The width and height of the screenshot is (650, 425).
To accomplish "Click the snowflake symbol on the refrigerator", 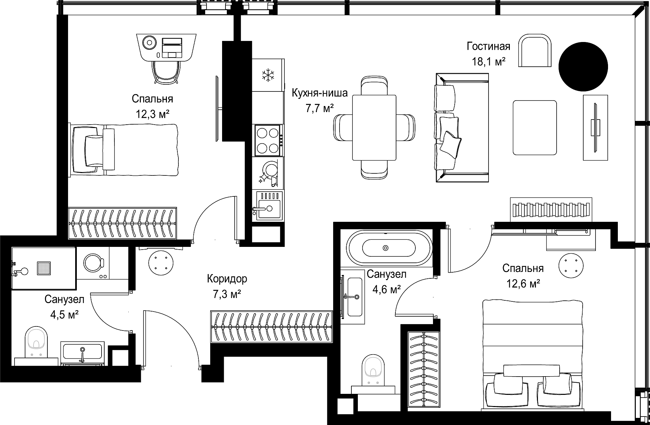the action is [268, 75].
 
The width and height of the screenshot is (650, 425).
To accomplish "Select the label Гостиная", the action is [489, 46].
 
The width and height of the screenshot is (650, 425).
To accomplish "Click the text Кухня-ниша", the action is [320, 93].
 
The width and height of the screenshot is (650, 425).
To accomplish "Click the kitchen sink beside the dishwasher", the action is [268, 205].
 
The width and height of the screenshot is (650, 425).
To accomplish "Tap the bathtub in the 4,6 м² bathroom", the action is [389, 248].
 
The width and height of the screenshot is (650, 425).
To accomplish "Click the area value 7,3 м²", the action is [227, 294].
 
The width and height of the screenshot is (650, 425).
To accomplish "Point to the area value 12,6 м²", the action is [523, 283].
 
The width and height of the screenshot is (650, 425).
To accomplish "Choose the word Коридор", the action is [227, 279].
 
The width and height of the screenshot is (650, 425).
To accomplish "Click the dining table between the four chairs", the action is [374, 128].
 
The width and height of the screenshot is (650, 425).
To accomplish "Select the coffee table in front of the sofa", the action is [535, 127].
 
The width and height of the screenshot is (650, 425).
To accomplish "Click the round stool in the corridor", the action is [161, 263].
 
